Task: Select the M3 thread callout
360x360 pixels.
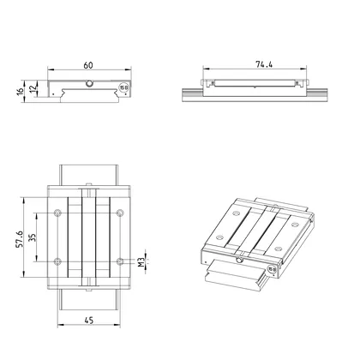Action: point(146,260)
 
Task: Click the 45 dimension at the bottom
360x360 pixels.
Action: point(88,321)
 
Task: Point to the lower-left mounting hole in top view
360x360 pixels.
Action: point(57,260)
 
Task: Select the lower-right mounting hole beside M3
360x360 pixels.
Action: point(120,260)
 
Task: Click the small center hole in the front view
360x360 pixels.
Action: point(89,83)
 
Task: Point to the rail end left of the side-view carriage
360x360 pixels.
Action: point(191,90)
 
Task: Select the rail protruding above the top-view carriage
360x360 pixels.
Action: point(88,173)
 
